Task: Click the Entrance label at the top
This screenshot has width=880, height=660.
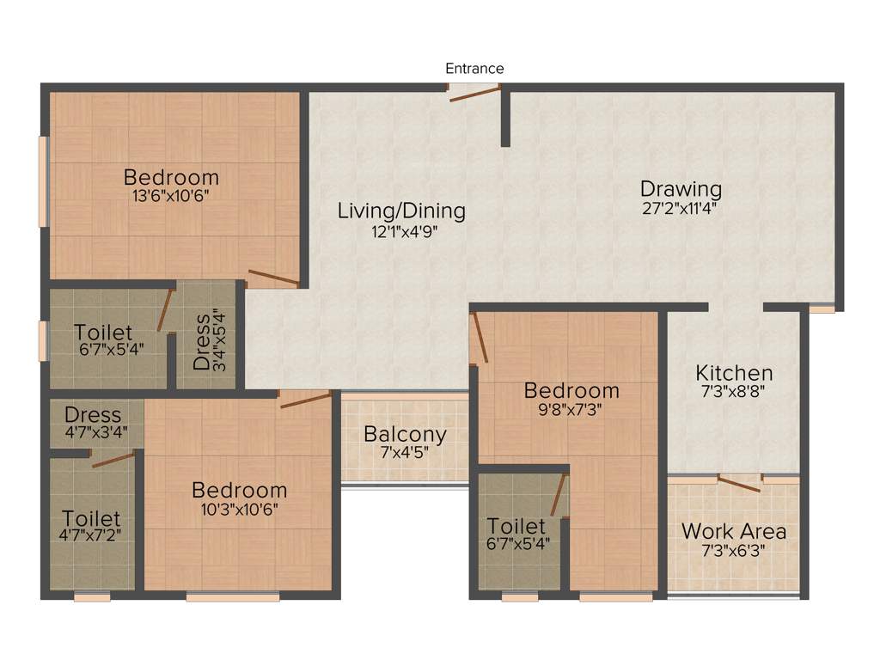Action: point(474,69)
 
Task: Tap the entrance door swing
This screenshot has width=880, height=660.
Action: point(470,95)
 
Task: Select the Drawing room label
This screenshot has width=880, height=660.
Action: point(681,188)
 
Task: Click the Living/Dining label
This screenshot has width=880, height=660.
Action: point(401,211)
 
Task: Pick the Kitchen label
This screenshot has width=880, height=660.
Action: point(734,373)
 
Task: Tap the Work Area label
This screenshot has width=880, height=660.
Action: point(733,531)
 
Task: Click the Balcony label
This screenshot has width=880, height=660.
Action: point(405,434)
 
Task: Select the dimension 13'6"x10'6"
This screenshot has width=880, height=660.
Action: point(171,195)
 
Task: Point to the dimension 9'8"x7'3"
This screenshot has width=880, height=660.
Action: point(571,410)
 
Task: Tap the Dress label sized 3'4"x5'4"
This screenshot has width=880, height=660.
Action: point(203,342)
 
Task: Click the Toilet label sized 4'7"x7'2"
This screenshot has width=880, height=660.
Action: point(91,520)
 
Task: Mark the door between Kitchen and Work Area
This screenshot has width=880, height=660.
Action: point(738,484)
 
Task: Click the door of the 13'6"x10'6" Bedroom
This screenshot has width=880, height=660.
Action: point(273,278)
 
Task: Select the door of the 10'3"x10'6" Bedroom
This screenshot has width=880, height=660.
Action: point(305,399)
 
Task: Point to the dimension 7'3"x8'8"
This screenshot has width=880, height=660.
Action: point(734,391)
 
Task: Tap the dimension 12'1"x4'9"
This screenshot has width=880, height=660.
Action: point(401,229)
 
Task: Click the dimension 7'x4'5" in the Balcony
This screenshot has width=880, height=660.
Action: point(405,451)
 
